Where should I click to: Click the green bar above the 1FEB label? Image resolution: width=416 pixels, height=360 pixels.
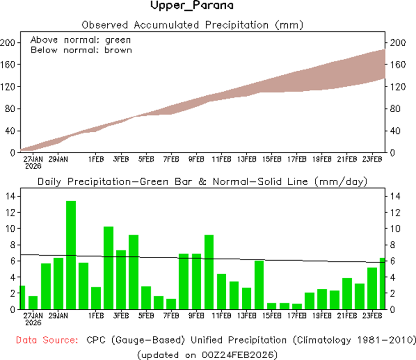tap(96, 298)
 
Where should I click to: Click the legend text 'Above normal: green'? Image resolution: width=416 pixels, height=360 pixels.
tap(81, 40)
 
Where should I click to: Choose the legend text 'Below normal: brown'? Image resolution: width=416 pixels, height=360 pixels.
tap(81, 50)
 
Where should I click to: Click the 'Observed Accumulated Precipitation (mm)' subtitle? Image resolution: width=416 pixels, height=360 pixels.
tap(192, 24)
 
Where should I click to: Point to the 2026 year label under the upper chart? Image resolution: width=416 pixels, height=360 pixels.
tap(33, 166)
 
